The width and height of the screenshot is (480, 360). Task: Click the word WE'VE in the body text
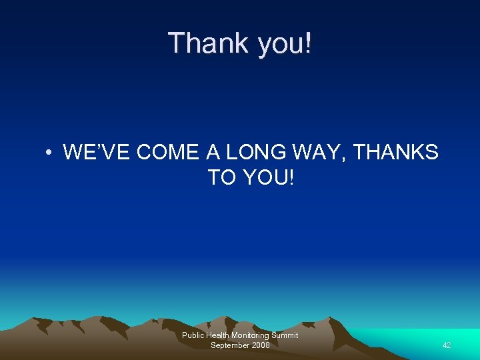click(97, 153)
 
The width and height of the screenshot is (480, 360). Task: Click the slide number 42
click(447, 345)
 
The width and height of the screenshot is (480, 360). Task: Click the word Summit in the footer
click(285, 335)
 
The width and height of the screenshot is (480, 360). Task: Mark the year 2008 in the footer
click(261, 345)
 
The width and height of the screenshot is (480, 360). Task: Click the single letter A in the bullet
click(213, 153)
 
